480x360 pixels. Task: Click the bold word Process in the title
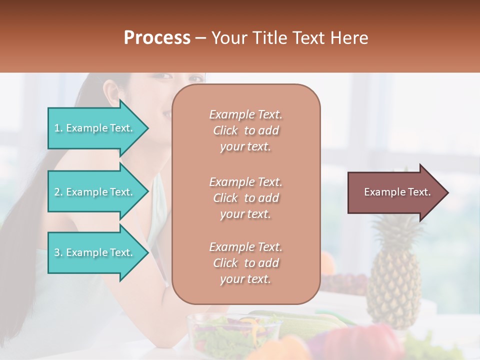(x=157, y=37)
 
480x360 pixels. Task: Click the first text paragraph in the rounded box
(x=245, y=130)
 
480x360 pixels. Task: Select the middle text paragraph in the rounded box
(x=245, y=198)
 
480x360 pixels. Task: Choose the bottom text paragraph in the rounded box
(x=245, y=263)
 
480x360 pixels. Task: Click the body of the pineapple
(x=394, y=285)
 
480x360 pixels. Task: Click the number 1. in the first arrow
(x=58, y=128)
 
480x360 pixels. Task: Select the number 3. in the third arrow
(x=58, y=252)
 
